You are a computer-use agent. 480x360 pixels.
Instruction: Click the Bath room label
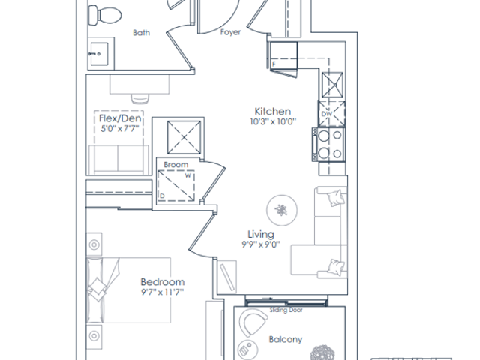(x=142, y=33)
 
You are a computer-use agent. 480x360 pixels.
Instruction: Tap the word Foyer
(x=230, y=32)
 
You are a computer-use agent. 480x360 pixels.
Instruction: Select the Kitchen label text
(x=273, y=111)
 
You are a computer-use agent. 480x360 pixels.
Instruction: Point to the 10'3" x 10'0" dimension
(x=273, y=121)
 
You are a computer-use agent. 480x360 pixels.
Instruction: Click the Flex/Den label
(x=120, y=118)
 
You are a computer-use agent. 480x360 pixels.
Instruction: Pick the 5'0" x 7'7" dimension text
(x=120, y=128)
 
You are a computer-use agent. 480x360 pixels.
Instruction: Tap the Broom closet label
(x=176, y=165)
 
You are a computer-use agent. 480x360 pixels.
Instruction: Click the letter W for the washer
(x=188, y=175)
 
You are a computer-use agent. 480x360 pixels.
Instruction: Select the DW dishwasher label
(x=327, y=114)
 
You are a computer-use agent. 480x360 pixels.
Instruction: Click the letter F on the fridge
(x=274, y=64)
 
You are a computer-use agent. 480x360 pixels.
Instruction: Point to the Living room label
(x=261, y=235)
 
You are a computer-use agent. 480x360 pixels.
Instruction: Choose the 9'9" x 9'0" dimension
(x=261, y=244)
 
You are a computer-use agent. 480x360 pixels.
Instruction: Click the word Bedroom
(x=163, y=282)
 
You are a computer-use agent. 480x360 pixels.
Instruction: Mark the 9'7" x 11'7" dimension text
(x=162, y=292)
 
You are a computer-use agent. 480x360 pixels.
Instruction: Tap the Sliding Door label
(x=286, y=310)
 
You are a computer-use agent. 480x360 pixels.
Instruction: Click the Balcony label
(x=286, y=339)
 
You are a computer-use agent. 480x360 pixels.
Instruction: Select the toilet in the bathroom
(x=105, y=15)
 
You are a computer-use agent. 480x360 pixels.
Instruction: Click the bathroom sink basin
(x=99, y=54)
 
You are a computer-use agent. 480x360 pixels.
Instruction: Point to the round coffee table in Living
(x=282, y=211)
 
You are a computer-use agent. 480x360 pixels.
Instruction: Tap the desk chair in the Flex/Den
(x=140, y=98)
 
